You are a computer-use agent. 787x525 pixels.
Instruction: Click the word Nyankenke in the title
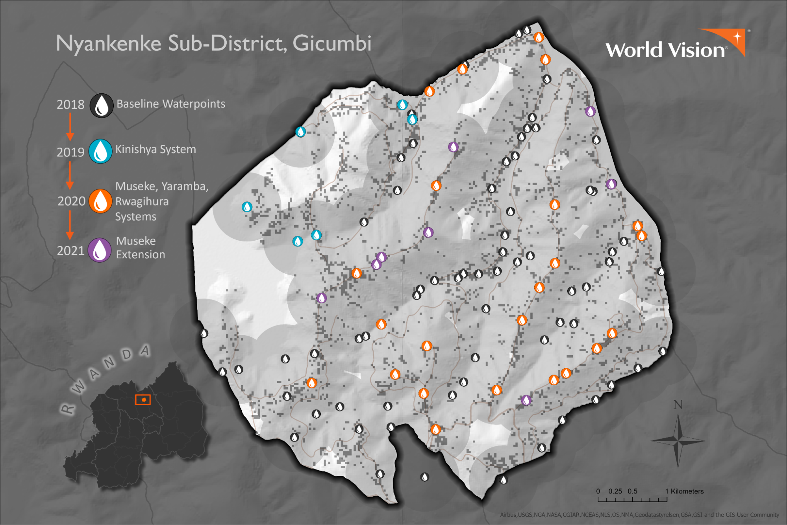tap(108, 43)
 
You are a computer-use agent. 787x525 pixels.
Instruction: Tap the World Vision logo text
tap(665, 50)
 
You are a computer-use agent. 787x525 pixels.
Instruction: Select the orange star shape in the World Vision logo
tap(737, 38)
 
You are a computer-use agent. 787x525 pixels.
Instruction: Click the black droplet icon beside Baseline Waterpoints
tap(102, 106)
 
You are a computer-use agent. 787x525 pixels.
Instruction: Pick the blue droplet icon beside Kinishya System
tap(100, 151)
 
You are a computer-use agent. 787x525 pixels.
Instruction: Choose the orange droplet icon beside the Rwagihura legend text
tap(100, 201)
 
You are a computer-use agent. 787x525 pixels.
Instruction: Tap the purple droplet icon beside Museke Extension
tap(100, 250)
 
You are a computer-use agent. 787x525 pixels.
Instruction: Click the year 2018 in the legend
tap(70, 105)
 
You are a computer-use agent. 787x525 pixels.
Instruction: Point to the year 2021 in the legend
tap(70, 250)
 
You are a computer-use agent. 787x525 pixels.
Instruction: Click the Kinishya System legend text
tap(156, 150)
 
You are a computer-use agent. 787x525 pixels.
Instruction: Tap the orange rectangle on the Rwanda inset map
tap(143, 400)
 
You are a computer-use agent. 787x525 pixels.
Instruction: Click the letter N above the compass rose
tap(678, 405)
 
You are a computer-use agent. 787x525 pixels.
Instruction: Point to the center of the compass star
tap(678, 441)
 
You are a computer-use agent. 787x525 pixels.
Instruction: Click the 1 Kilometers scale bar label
tap(684, 491)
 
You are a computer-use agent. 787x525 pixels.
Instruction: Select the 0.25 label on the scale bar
tap(615, 491)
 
